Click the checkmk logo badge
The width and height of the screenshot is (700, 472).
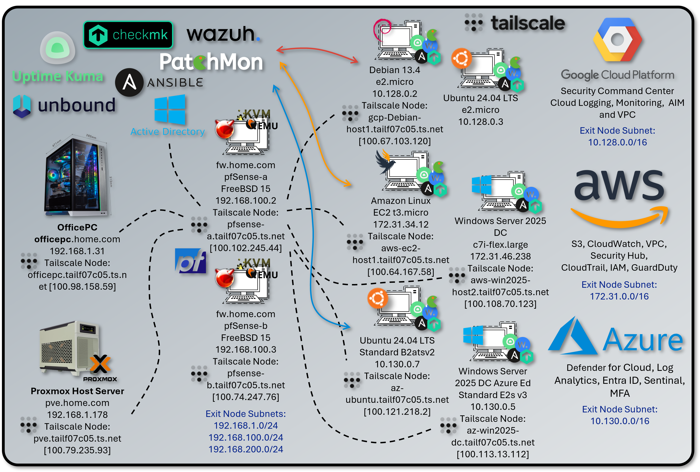(128, 35)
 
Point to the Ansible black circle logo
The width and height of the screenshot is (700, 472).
(129, 82)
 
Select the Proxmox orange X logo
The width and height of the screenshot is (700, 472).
(100, 364)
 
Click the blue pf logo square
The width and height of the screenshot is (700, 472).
(190, 261)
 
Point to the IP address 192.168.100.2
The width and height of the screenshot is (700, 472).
(245, 201)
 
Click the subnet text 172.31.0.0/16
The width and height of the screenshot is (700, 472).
(619, 296)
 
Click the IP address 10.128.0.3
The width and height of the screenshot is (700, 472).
(480, 122)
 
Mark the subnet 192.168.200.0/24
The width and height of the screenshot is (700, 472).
(245, 449)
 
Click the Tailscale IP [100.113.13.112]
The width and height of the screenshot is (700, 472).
(493, 454)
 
